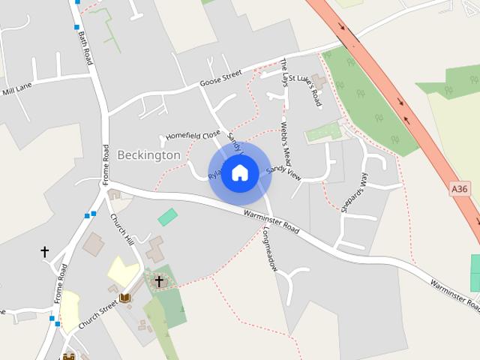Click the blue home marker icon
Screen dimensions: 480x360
pyautogui.click(x=239, y=173)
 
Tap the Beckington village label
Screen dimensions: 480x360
pyautogui.click(x=148, y=155)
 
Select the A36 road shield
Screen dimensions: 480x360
pyautogui.click(x=460, y=189)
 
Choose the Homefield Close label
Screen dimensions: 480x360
pyautogui.click(x=193, y=136)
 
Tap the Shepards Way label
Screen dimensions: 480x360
pyautogui.click(x=355, y=193)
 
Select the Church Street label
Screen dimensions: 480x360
pyautogui.click(x=98, y=313)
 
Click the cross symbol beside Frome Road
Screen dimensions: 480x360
pyautogui.click(x=44, y=252)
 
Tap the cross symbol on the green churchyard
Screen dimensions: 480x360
pyautogui.click(x=159, y=281)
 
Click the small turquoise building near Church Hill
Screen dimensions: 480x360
pyautogui.click(x=168, y=217)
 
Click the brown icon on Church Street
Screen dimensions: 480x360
pyautogui.click(x=125, y=298)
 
